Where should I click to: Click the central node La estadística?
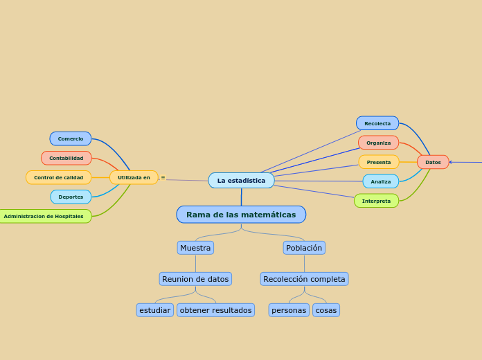[x=241, y=181]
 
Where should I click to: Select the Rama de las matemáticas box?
[x=241, y=215]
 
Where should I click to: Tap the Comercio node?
[x=71, y=138]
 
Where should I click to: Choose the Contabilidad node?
[x=66, y=158]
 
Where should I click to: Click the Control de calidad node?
[x=59, y=177]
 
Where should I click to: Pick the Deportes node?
[x=71, y=197]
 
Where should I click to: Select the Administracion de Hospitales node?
[x=44, y=216]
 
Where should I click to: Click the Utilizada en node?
[x=134, y=177]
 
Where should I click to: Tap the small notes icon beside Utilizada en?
[x=163, y=177]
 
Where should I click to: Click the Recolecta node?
[x=377, y=123]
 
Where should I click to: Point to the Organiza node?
[x=378, y=143]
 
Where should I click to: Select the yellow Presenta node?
[x=379, y=162]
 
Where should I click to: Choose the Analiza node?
[x=381, y=181]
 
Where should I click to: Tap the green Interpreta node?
[x=376, y=201]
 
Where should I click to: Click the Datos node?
[x=433, y=162]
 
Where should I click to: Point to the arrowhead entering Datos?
[x=451, y=162]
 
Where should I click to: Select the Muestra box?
[x=195, y=248]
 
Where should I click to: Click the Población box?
[x=304, y=248]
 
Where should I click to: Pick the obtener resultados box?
[x=215, y=310]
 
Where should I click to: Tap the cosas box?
[x=326, y=310]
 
